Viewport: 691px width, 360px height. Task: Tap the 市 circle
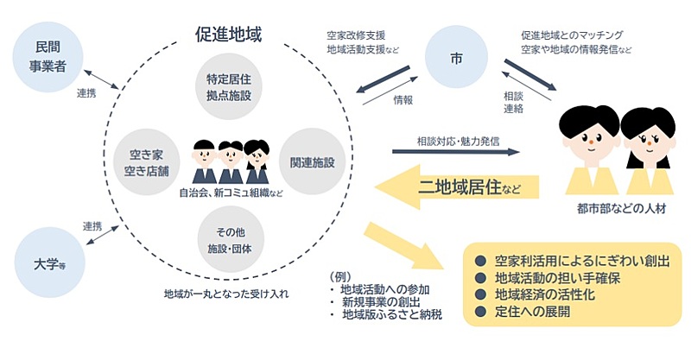[x=456, y=58]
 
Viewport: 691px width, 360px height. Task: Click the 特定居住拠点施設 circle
[x=228, y=87]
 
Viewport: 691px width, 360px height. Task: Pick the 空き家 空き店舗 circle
[x=145, y=161]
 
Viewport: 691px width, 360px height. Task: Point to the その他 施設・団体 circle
[x=228, y=238]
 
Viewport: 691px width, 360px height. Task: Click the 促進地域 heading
[x=229, y=35]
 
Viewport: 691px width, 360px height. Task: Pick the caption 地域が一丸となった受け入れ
[x=225, y=294]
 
